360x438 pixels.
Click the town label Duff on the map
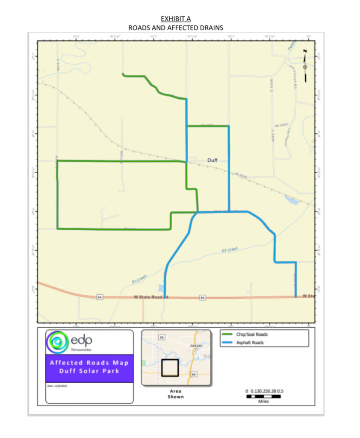point(212,160)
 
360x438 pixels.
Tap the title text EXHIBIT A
point(176,19)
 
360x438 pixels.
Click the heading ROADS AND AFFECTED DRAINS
point(176,28)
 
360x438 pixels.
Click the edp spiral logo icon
point(57,341)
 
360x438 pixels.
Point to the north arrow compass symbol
point(305,67)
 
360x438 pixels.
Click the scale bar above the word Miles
point(264,397)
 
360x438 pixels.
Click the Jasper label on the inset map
point(196,345)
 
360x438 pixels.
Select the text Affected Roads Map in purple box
point(89,363)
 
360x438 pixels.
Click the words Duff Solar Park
point(89,371)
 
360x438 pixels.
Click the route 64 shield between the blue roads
point(203,297)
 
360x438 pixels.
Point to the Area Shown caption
point(176,394)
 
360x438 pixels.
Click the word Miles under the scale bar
point(264,402)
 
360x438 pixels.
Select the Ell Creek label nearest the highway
point(139,278)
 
